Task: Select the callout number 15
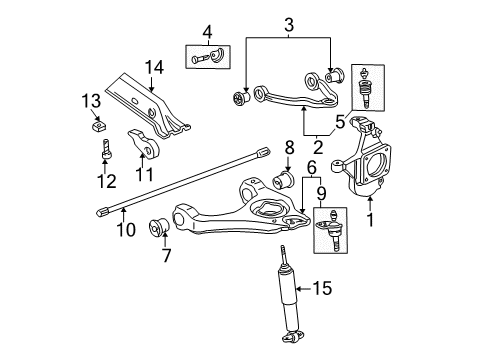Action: (320, 290)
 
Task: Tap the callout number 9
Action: (320, 193)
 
